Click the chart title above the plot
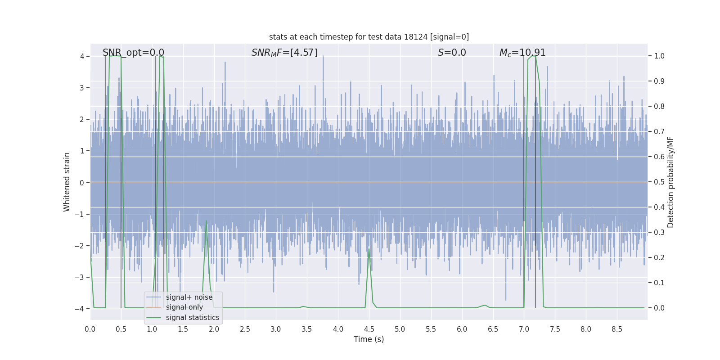coord(369,37)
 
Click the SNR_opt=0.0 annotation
coord(133,53)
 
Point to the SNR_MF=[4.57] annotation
coord(284,53)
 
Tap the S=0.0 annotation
coord(452,53)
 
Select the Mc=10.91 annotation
coord(522,53)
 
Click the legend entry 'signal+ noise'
coord(189,297)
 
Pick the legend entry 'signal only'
coord(184,307)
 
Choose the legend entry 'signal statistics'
coord(193,318)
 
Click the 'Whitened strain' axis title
coord(67,182)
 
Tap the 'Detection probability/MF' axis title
coord(670,182)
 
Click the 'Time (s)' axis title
coord(369,339)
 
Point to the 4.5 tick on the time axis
coord(369,329)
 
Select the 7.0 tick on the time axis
coord(524,329)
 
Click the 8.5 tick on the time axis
coord(617,329)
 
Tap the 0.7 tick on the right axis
coord(659,132)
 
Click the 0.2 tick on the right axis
coord(659,258)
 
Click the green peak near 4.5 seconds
coord(369,249)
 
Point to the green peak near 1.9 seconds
coord(207,221)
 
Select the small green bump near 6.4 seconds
coord(485,305)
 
